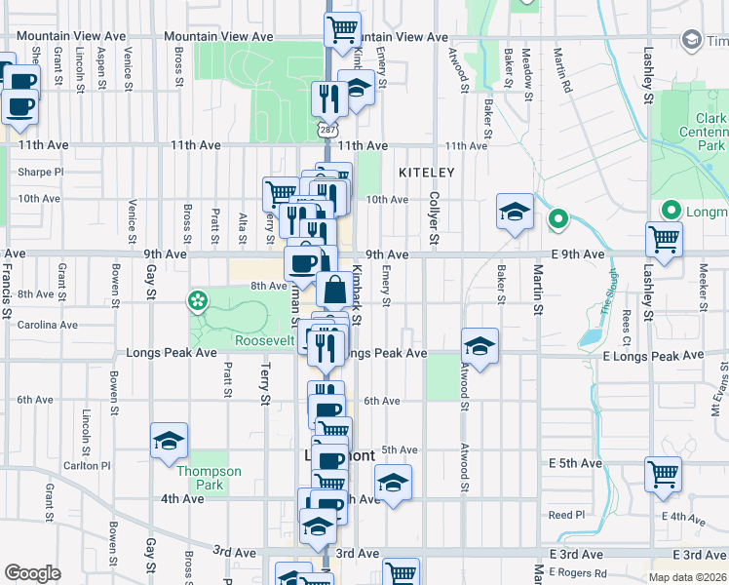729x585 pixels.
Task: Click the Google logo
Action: point(32,573)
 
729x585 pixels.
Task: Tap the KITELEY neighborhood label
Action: point(427,173)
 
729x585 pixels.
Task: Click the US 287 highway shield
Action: point(326,130)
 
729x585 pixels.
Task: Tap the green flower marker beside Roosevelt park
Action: point(199,300)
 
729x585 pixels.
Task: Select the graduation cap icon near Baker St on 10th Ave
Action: point(514,212)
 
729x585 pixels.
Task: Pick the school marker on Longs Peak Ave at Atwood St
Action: point(480,346)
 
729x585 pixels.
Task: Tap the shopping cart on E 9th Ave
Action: point(663,239)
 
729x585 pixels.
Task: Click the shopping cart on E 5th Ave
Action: point(663,475)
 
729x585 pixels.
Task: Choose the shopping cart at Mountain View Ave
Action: point(342,30)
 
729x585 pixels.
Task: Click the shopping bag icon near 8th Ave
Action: point(334,290)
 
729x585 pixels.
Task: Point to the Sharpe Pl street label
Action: point(40,173)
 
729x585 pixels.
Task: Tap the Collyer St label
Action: point(435,218)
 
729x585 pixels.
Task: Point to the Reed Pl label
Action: point(565,515)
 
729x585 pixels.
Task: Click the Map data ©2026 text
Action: point(688,577)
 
